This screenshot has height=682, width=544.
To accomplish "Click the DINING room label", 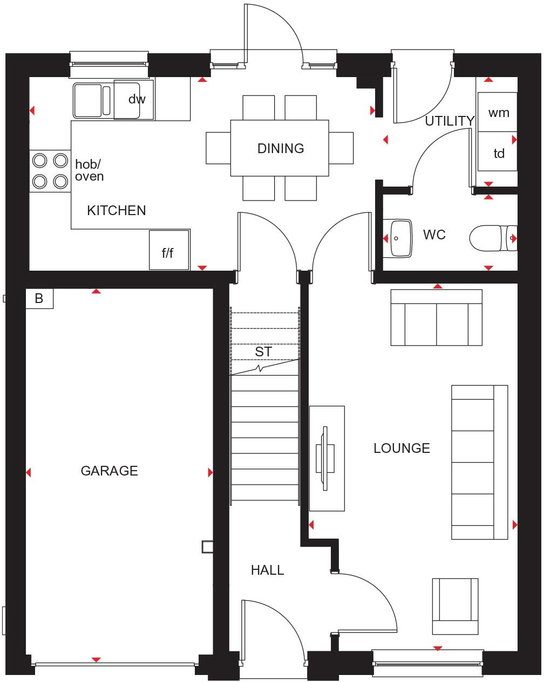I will (x=281, y=148).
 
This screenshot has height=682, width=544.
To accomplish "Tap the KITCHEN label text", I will (x=117, y=210).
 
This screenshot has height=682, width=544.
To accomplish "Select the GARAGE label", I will (x=109, y=471).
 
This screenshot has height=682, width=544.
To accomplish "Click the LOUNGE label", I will (x=402, y=448).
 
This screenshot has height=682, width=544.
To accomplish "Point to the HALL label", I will (x=267, y=570).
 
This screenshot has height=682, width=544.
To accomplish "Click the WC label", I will (x=434, y=235).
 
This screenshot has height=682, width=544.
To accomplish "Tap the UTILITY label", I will (x=449, y=121).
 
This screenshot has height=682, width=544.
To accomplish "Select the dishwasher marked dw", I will (x=137, y=99).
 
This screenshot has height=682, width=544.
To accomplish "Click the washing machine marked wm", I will (x=498, y=112).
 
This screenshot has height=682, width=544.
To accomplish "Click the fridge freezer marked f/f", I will (x=169, y=250).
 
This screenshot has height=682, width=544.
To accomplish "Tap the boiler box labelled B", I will (x=39, y=298).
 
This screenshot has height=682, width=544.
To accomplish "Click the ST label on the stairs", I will (x=264, y=352).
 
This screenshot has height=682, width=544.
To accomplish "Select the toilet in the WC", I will (x=492, y=238).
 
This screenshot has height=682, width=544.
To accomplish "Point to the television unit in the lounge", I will (x=327, y=458).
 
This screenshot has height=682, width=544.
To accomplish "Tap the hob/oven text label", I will (x=89, y=170).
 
